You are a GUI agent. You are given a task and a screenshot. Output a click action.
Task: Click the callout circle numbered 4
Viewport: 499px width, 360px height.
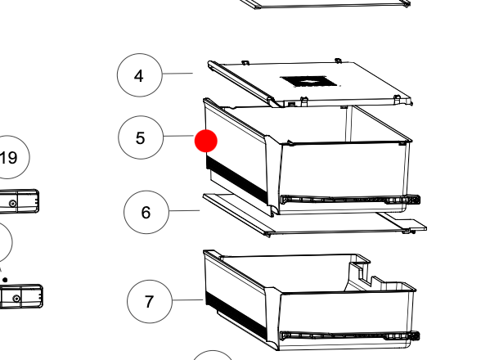139,75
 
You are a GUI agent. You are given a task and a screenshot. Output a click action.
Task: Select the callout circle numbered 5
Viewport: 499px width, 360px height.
141,137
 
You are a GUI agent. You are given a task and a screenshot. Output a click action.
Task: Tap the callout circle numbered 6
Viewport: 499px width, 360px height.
146,212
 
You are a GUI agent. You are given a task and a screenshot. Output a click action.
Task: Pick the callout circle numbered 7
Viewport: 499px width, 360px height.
150,301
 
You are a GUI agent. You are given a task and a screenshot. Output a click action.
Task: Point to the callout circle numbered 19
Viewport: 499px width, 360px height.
9,157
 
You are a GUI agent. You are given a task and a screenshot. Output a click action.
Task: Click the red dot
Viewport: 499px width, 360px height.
206,141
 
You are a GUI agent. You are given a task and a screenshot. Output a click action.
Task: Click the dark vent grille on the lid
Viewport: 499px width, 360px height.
308,82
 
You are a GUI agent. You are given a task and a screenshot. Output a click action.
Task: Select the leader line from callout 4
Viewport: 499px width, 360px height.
178,74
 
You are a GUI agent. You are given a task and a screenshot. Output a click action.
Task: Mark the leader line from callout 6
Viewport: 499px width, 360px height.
185,210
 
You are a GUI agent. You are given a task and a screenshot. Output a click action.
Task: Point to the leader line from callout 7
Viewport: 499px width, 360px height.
188,299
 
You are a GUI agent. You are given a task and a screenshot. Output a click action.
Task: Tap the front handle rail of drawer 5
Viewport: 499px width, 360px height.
350,200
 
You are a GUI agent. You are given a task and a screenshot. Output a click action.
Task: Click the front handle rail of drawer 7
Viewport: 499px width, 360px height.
350,335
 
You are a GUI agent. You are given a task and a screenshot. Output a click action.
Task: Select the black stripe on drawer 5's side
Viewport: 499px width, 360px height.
237,178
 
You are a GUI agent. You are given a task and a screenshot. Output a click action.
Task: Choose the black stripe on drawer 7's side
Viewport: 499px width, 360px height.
236,313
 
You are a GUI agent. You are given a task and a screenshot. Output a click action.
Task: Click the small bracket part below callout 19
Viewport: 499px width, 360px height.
19,201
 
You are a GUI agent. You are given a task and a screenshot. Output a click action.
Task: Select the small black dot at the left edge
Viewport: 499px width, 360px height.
5,280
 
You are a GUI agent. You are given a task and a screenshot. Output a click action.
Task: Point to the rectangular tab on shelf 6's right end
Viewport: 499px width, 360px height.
411,224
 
